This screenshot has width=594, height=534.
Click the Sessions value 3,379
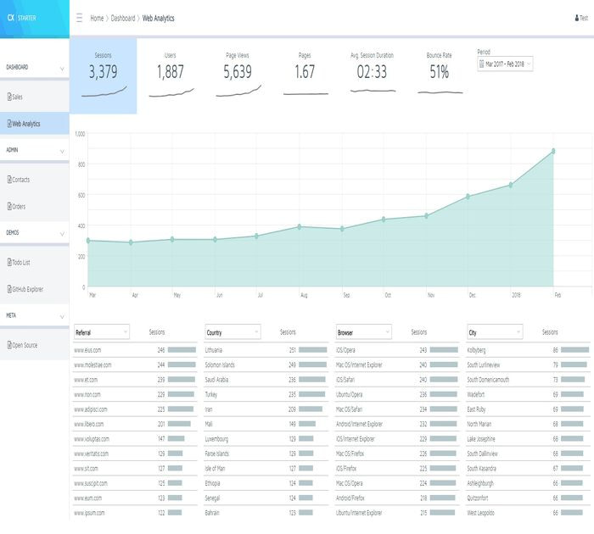(x=103, y=72)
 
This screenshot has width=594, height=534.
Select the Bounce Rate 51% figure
(x=439, y=72)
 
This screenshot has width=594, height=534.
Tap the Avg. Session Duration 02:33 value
(x=372, y=72)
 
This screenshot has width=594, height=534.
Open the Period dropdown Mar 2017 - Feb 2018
(x=505, y=64)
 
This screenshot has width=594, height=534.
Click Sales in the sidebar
(x=17, y=97)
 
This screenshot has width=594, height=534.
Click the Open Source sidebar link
(x=24, y=345)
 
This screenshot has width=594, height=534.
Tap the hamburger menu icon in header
(x=79, y=17)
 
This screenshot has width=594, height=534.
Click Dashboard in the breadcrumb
(x=122, y=17)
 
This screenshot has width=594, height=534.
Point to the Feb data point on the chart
(x=553, y=151)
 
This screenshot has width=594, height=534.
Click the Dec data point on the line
(x=468, y=197)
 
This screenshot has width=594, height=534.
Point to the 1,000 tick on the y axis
(x=80, y=134)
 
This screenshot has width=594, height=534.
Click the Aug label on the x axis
(x=304, y=295)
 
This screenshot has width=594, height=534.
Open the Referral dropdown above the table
(x=101, y=332)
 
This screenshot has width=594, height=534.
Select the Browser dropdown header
(x=363, y=332)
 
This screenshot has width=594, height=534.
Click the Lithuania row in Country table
(x=215, y=349)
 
